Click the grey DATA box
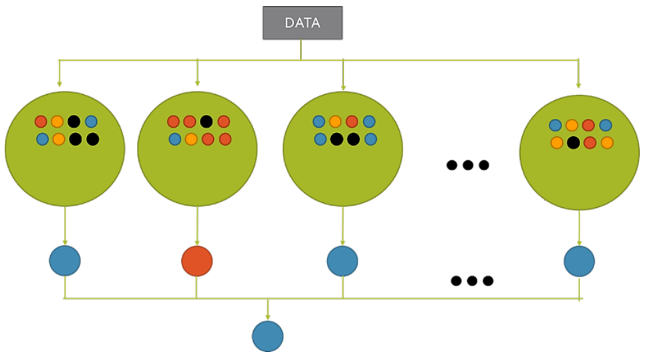coord(302,23)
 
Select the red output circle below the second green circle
coord(197,261)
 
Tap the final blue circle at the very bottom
coord(267,336)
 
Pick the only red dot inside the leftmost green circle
coord(41,122)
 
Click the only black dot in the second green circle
coord(207,122)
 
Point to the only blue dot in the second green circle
coord(174,139)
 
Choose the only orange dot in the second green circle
coord(191,139)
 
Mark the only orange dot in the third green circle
coord(336,122)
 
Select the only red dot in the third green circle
coord(352,122)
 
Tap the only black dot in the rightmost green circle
coord(573,142)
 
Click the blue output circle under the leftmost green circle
coord(65,261)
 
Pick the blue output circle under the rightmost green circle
coord(579,261)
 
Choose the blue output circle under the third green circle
coord(342,261)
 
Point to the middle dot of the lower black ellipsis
coord(472,281)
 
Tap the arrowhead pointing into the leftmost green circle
coord(59,83)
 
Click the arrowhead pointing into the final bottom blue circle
coord(268,317)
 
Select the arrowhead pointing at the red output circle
coord(197,242)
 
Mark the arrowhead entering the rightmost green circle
coord(579,85)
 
